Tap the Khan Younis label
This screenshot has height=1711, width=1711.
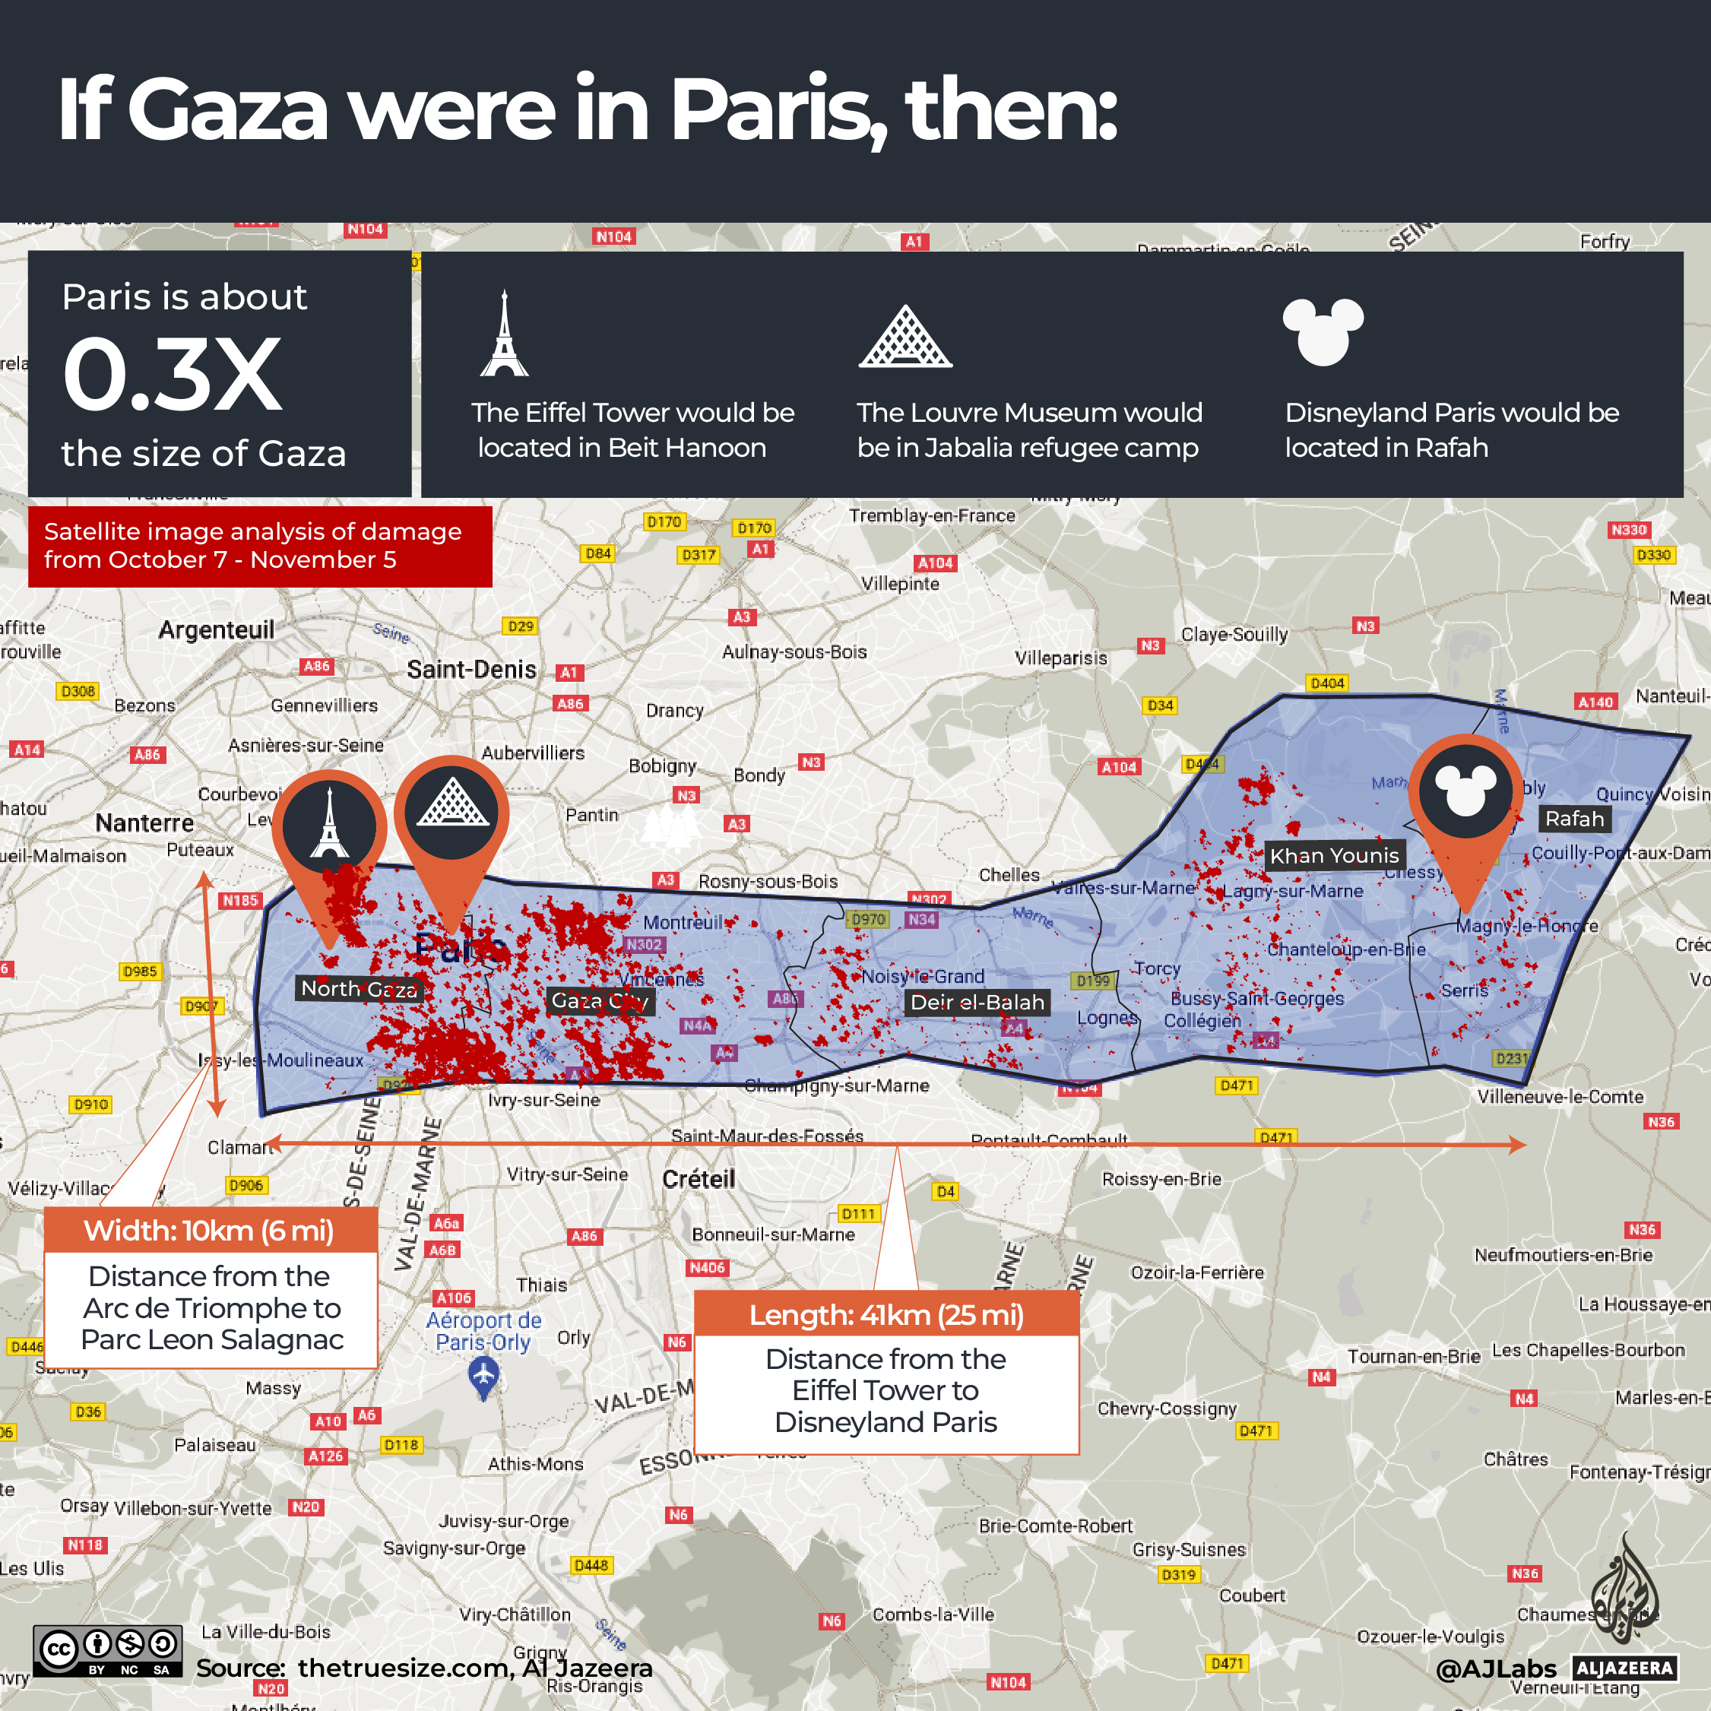[1334, 856]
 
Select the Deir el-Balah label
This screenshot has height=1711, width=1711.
[977, 1003]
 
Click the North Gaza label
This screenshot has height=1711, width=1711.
[359, 988]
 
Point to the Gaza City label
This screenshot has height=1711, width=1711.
[600, 1002]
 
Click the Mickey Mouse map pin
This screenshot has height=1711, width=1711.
[1465, 792]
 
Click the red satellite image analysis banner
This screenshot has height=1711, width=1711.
[259, 546]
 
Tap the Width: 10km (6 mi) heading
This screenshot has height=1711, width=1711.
[209, 1230]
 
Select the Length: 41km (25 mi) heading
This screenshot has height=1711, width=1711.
[886, 1315]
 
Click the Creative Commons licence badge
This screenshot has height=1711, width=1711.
[108, 1651]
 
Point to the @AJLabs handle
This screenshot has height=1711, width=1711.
[1495, 1668]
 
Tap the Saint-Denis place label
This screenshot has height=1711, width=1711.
[471, 670]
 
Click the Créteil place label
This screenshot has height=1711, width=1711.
[699, 1179]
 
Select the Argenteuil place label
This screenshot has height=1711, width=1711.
[216, 629]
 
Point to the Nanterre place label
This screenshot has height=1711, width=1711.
[144, 822]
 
